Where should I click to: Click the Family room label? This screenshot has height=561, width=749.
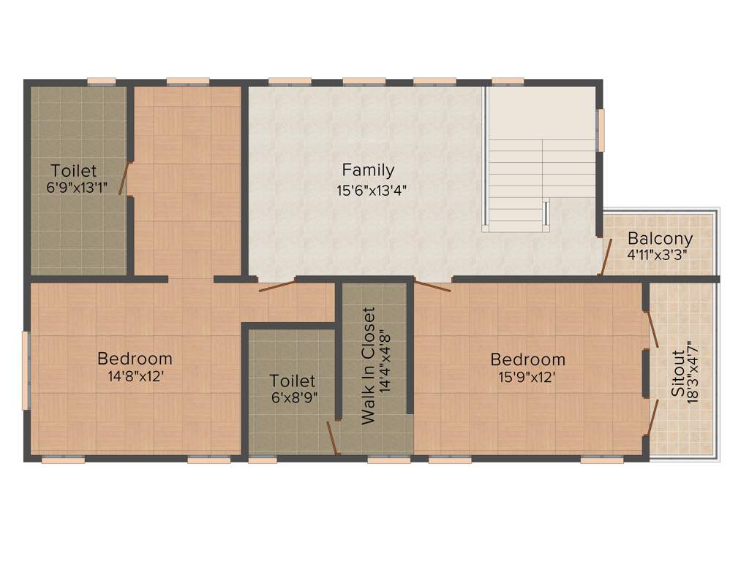(x=368, y=170)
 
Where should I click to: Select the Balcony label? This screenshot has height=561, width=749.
(x=660, y=239)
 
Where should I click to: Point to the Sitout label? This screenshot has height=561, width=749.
(x=679, y=373)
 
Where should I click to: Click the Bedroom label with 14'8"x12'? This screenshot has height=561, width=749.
(x=135, y=359)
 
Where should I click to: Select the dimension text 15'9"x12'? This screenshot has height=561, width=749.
(x=527, y=378)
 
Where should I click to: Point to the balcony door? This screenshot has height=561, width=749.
(x=606, y=256)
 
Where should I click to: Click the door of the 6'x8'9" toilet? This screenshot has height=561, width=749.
(x=333, y=438)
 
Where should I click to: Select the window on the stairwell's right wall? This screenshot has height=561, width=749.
(x=601, y=130)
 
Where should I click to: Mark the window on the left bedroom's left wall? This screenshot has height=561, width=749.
(x=26, y=370)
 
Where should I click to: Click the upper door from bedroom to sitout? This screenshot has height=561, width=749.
(x=652, y=329)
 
